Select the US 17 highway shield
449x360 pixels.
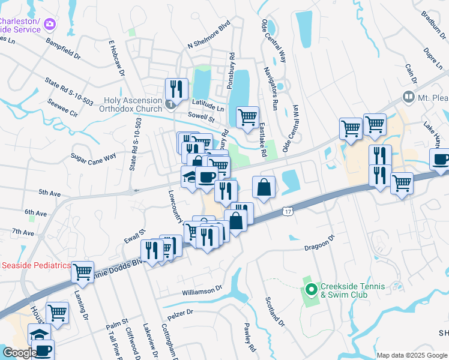pyautogui.click(x=289, y=211)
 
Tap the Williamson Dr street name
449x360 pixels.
pyautogui.click(x=202, y=292)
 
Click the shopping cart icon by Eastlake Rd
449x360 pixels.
pyautogui.click(x=247, y=118)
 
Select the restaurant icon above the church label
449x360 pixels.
pyautogui.click(x=176, y=89)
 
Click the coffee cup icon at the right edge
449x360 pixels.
pyautogui.click(x=441, y=160)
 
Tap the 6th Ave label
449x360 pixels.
pyautogui.click(x=35, y=213)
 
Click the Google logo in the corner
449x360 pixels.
pyautogui.click(x=19, y=353)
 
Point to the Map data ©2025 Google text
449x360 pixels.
pyautogui.click(x=412, y=355)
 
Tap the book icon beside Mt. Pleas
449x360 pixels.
pyautogui.click(x=408, y=97)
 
